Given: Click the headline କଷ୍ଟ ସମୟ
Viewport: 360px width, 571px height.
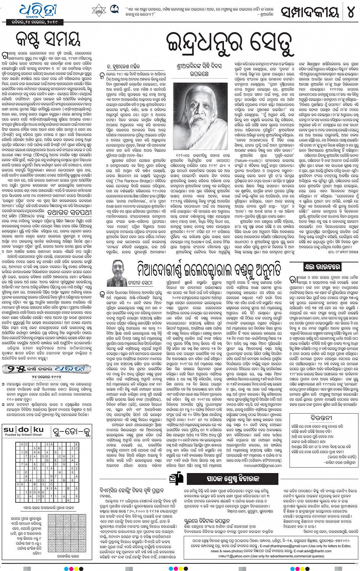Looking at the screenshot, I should click(48, 38).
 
